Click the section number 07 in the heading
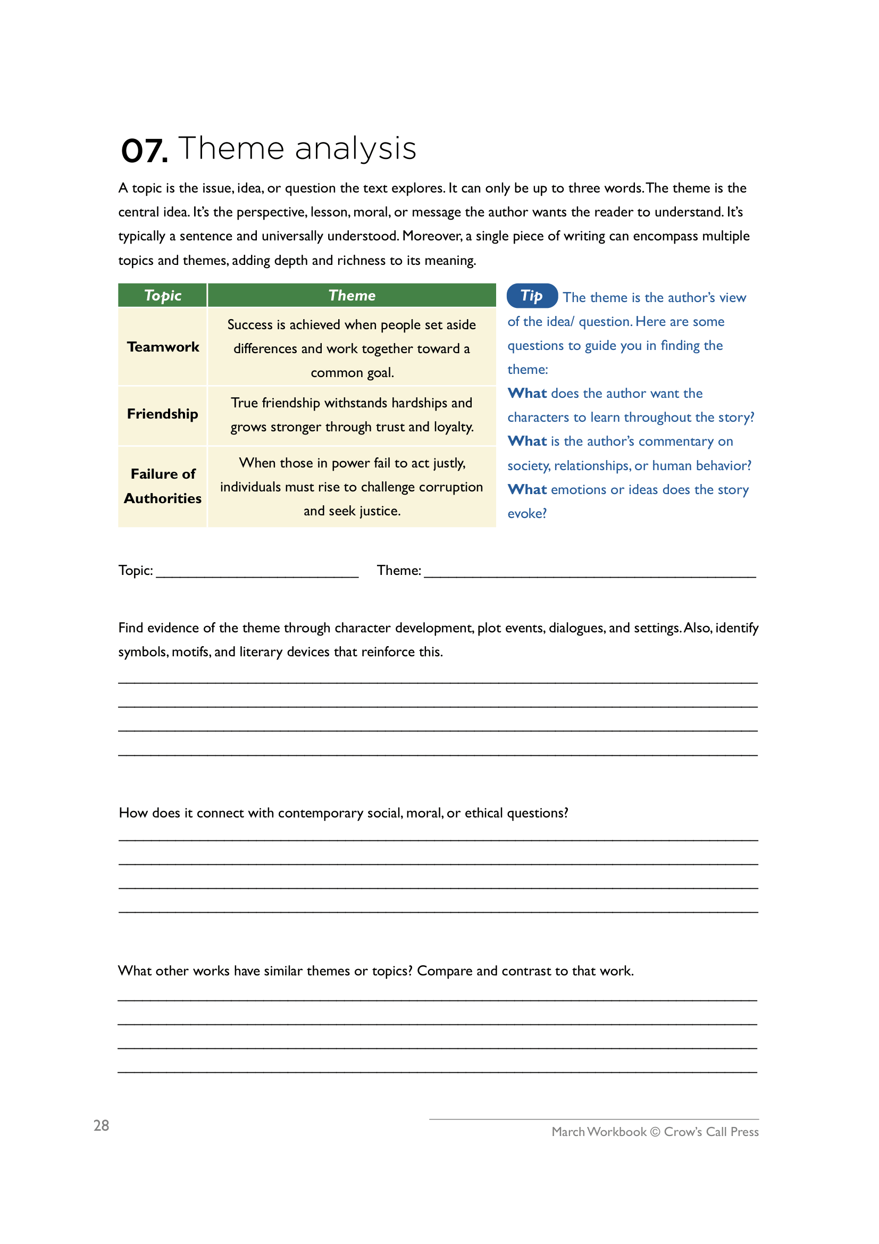coord(144,151)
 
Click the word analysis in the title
coord(356,149)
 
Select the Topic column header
coord(163,295)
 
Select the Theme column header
coord(351,295)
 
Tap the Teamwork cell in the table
coord(163,347)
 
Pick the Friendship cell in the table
coord(163,414)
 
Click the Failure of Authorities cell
coord(163,486)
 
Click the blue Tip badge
coord(531,296)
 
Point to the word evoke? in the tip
coord(526,514)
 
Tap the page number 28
coord(101,1126)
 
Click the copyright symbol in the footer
coord(655,1132)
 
